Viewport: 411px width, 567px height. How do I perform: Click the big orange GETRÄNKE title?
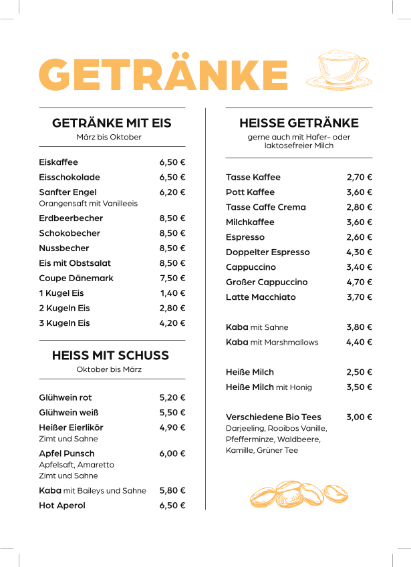[x=164, y=73]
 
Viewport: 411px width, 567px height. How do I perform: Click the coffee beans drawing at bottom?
[x=299, y=494]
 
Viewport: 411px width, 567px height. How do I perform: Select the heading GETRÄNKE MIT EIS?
[x=112, y=123]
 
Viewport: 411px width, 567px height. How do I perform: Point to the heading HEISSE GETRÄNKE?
[x=299, y=123]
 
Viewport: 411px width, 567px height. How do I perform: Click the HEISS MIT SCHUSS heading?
[x=110, y=355]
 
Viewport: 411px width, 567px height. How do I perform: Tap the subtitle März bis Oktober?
[x=109, y=137]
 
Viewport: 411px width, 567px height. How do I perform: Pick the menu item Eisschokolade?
[x=70, y=178]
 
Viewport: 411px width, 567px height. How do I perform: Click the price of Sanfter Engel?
[x=172, y=192]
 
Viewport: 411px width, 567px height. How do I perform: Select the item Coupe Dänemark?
[x=76, y=278]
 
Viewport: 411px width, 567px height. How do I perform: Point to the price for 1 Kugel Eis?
[x=172, y=293]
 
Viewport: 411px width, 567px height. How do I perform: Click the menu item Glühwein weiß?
[x=66, y=413]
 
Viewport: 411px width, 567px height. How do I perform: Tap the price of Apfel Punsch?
[x=172, y=453]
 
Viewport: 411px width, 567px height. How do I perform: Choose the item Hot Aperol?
[x=62, y=506]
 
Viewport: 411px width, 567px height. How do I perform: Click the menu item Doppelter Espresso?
[x=268, y=252]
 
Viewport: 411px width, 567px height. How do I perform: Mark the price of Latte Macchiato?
[x=359, y=297]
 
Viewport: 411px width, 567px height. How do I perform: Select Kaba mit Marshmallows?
[x=272, y=343]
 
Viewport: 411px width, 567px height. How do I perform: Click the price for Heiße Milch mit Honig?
[x=359, y=387]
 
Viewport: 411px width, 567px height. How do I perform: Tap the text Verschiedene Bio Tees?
[x=273, y=417]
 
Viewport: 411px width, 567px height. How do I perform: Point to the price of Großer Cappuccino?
[x=359, y=282]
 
